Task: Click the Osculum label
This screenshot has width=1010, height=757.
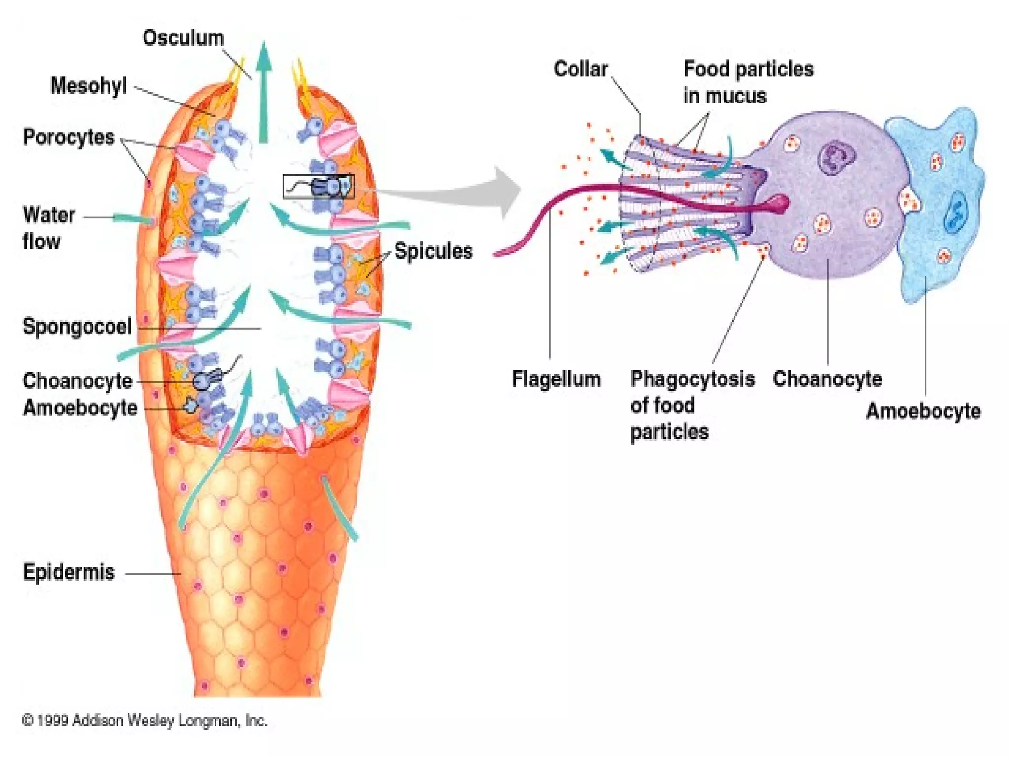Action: pyautogui.click(x=183, y=38)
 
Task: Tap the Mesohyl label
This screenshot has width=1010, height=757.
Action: pyautogui.click(x=89, y=86)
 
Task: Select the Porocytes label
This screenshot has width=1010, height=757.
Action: pyautogui.click(x=69, y=137)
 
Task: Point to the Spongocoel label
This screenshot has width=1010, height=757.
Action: pyautogui.click(x=77, y=327)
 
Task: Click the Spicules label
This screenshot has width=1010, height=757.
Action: pyautogui.click(x=433, y=251)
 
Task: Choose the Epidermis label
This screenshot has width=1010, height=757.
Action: pyautogui.click(x=69, y=572)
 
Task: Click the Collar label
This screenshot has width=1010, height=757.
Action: pyautogui.click(x=580, y=69)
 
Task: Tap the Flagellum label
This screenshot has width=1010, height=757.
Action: pyautogui.click(x=556, y=379)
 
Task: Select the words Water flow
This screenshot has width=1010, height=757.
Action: pyautogui.click(x=48, y=228)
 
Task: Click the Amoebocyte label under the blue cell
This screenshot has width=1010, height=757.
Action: pyautogui.click(x=923, y=411)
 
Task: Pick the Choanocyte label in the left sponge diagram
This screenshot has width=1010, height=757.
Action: pyautogui.click(x=77, y=381)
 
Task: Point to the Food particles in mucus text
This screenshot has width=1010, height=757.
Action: pyautogui.click(x=748, y=82)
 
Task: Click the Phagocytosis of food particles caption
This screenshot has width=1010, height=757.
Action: pyautogui.click(x=692, y=405)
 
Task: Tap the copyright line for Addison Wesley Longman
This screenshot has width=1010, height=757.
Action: pyautogui.click(x=144, y=721)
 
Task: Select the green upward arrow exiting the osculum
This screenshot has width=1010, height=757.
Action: pyautogui.click(x=264, y=94)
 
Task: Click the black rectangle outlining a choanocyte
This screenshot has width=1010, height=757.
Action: pyautogui.click(x=319, y=186)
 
